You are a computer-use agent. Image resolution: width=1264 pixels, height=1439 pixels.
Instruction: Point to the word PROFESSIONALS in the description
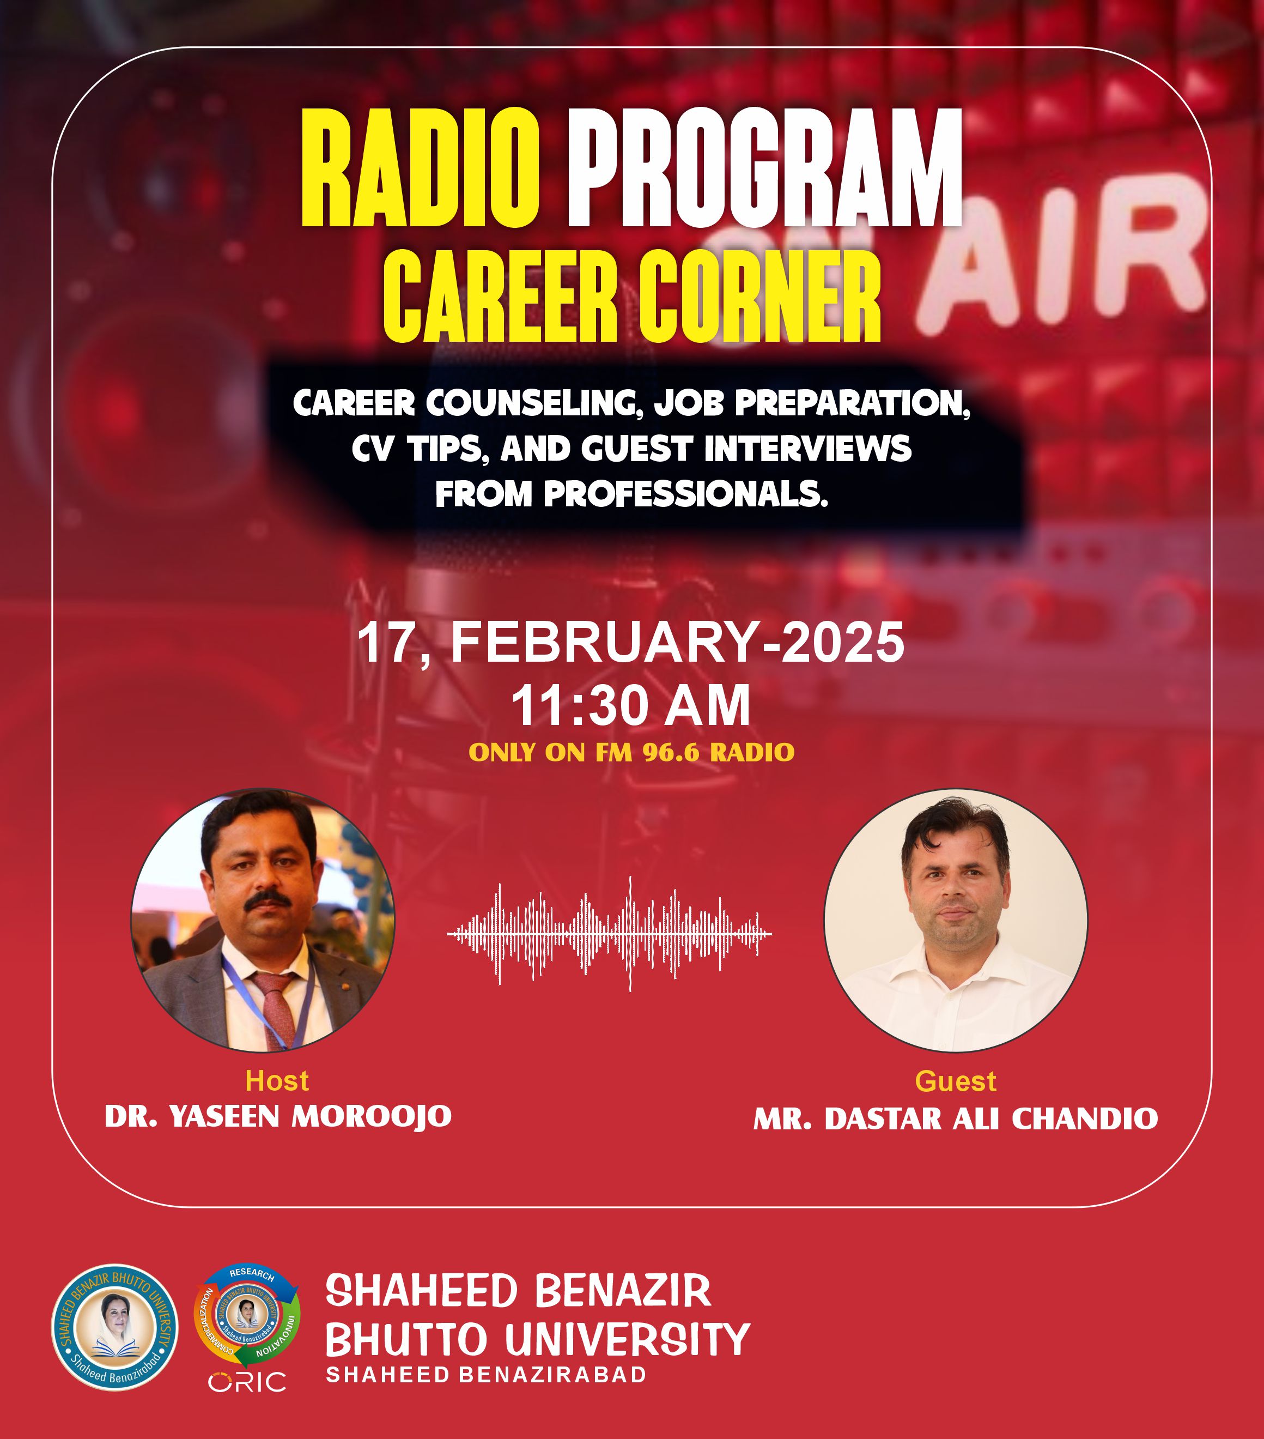(684, 494)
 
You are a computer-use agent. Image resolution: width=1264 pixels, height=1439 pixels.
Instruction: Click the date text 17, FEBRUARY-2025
(631, 642)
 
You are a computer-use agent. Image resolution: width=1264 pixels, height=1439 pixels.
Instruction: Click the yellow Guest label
(956, 1081)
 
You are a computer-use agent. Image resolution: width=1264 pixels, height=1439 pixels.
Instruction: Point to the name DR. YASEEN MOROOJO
(278, 1116)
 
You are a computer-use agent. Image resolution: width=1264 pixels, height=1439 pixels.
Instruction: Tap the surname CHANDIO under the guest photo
(1085, 1118)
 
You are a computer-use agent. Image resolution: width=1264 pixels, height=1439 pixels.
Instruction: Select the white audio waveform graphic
(610, 934)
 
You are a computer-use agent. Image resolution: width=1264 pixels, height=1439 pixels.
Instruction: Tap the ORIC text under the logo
(247, 1382)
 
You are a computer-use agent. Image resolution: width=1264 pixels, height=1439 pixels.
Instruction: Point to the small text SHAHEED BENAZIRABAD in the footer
(485, 1374)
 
